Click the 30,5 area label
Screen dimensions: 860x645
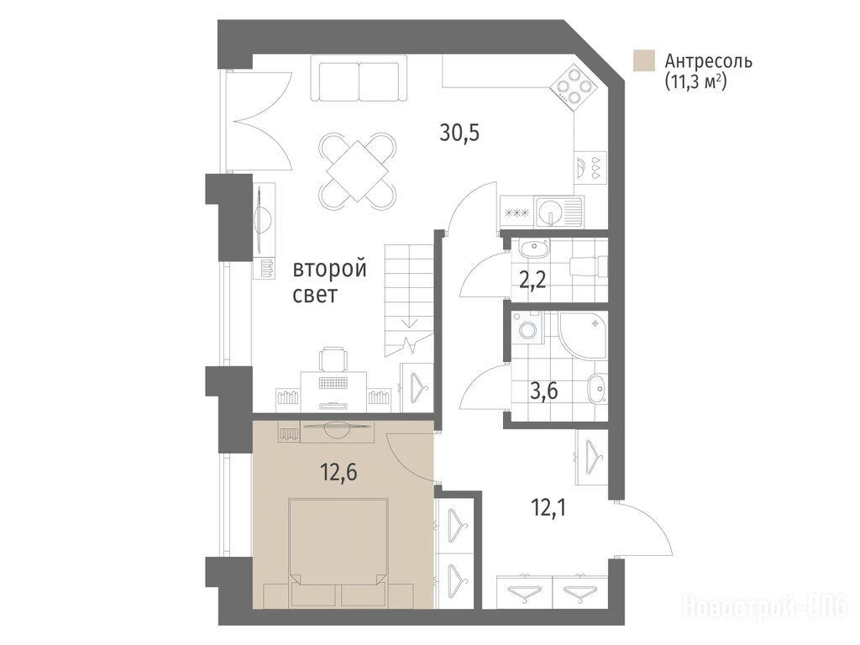coord(459,133)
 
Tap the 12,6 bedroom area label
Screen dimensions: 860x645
coord(339,472)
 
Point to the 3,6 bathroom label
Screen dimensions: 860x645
coord(543,391)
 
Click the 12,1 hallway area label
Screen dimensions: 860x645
coord(548,508)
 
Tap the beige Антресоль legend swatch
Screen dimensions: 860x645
coord(643,60)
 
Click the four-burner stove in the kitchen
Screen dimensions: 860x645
coord(574,86)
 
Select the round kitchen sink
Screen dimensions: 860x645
coord(549,211)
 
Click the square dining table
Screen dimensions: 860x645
coord(358,171)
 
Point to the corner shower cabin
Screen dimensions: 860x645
coord(583,335)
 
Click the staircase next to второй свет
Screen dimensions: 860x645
coord(410,300)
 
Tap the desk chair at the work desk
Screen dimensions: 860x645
coord(334,359)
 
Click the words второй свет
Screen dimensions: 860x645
coord(329,282)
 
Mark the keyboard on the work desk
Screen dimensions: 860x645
coord(334,382)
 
